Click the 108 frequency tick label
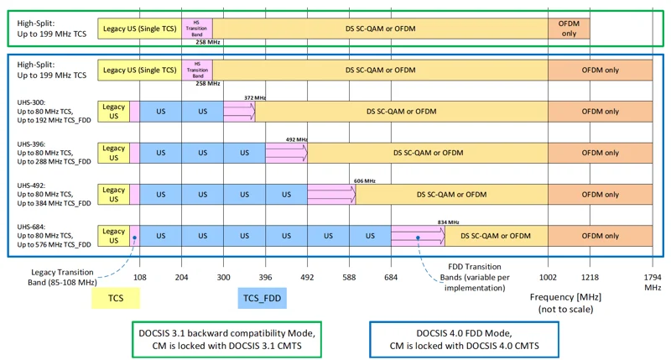[x=139, y=278]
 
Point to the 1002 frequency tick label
[x=548, y=278]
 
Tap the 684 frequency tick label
[x=391, y=278]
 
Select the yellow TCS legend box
[x=116, y=298]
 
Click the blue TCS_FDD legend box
[x=262, y=298]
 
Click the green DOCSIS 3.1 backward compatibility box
[x=226, y=340]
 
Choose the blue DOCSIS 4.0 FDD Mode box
[x=465, y=340]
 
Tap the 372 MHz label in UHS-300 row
[x=255, y=98]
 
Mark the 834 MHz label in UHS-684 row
[x=449, y=222]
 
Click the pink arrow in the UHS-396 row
[x=286, y=153]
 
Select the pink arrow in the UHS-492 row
[x=331, y=195]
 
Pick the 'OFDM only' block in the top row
[x=569, y=29]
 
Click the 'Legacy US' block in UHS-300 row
[x=113, y=112]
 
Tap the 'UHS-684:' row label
[x=31, y=227]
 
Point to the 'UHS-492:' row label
[x=31, y=185]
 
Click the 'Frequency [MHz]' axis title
[x=565, y=297]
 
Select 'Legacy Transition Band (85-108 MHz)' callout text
[x=62, y=278]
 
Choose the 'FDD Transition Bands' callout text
[x=475, y=278]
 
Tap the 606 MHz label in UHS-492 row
[x=365, y=181]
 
